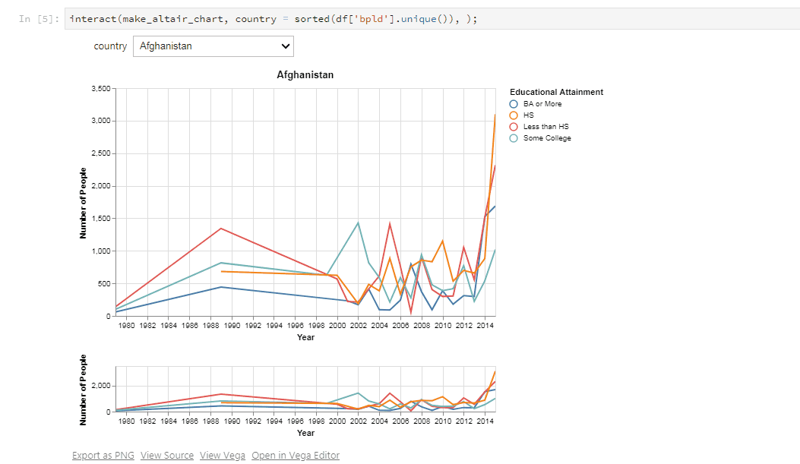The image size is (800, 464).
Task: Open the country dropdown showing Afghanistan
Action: (213, 46)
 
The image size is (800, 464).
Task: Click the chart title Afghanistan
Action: (305, 75)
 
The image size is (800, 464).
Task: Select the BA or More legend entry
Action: (536, 104)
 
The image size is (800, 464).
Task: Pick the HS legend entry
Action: (521, 115)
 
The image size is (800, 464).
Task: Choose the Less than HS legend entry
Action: (539, 127)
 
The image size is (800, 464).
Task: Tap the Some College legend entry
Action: (540, 138)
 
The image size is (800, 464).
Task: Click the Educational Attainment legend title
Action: (556, 92)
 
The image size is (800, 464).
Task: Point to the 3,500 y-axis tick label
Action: (101, 89)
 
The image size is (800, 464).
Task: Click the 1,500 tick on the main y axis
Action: (101, 218)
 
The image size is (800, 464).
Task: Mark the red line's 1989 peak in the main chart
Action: (221, 229)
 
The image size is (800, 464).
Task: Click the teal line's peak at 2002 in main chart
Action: (358, 223)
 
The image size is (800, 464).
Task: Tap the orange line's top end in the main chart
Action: (495, 115)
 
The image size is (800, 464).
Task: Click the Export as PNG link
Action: (103, 456)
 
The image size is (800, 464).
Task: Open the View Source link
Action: (167, 456)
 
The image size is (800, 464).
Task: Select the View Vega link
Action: (223, 456)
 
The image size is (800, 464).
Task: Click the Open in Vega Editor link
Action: (296, 456)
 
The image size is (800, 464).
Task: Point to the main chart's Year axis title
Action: (305, 337)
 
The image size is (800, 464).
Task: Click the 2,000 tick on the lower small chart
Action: (101, 386)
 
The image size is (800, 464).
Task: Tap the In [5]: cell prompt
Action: (39, 19)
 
